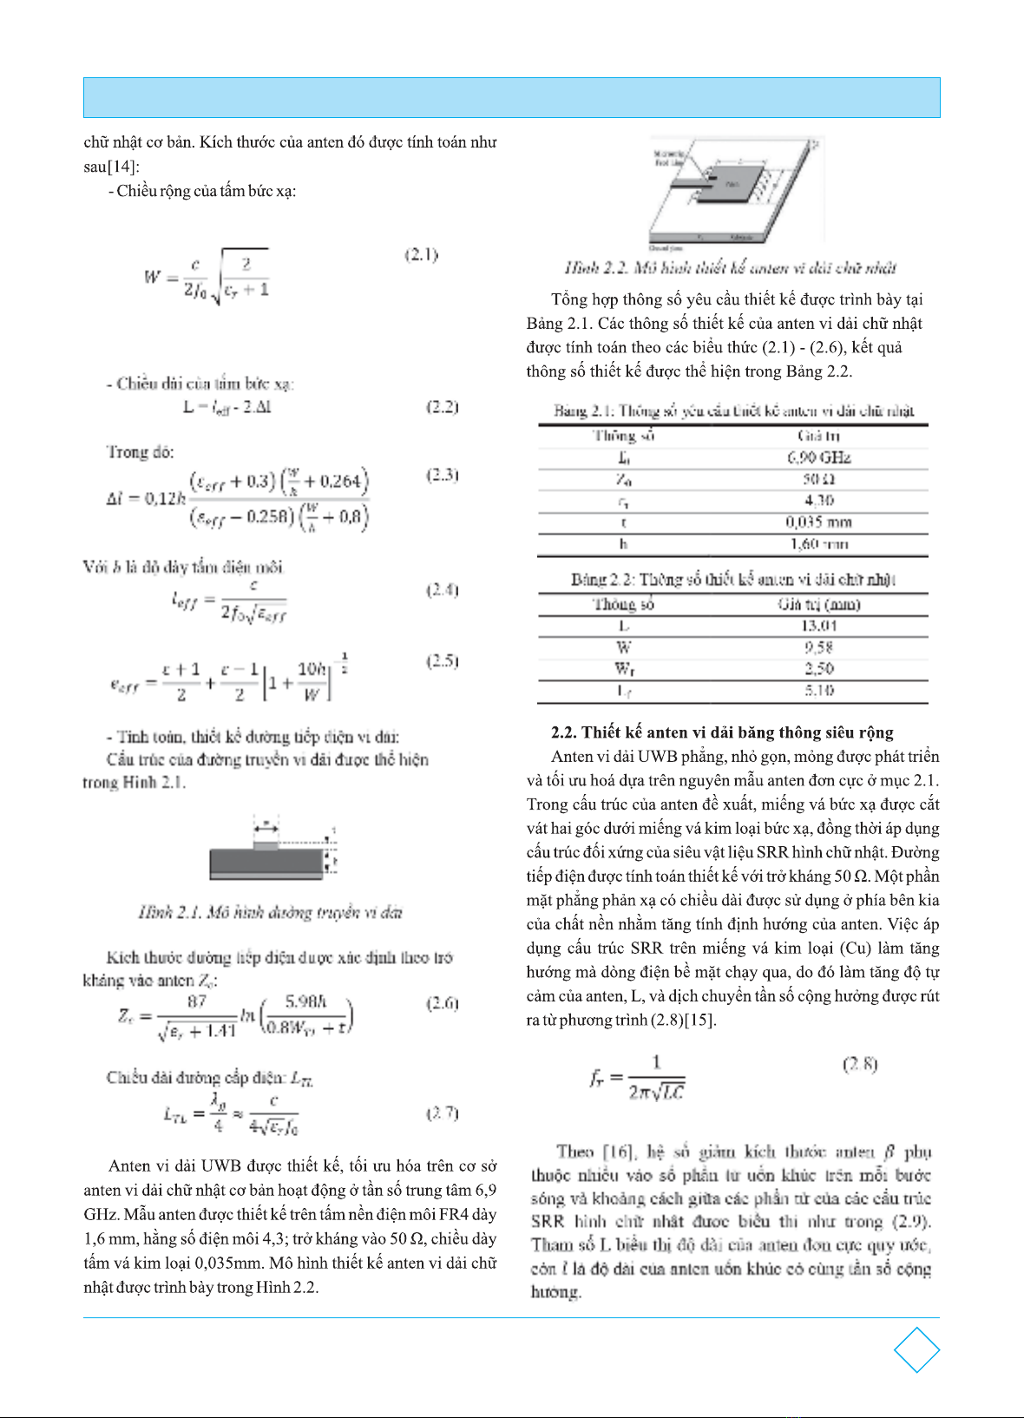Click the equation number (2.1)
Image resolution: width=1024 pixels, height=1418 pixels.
422,254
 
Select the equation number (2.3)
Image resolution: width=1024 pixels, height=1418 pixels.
442,475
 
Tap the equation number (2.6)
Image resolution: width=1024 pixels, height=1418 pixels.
442,1003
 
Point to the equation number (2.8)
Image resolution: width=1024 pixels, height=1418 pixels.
860,1064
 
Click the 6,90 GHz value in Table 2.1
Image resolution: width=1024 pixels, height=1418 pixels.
818,457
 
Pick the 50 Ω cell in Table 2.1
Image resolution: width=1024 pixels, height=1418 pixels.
818,479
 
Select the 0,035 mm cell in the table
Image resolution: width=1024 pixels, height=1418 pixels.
818,522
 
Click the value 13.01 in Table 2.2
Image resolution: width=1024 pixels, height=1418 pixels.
818,626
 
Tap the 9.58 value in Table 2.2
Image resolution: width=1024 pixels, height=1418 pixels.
818,647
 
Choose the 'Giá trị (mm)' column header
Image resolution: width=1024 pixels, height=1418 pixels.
818,604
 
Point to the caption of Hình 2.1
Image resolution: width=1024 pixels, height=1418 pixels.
270,912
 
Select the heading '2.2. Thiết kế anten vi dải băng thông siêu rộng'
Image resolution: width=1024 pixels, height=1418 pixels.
722,732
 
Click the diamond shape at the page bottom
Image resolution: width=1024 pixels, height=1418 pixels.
916,1349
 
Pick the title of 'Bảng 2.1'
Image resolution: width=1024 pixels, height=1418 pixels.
733,410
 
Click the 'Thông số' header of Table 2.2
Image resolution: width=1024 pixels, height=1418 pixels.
623,604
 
